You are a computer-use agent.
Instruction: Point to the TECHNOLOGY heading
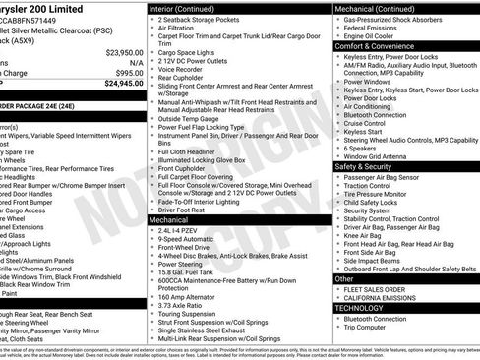359,308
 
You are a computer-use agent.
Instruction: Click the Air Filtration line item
181,30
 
